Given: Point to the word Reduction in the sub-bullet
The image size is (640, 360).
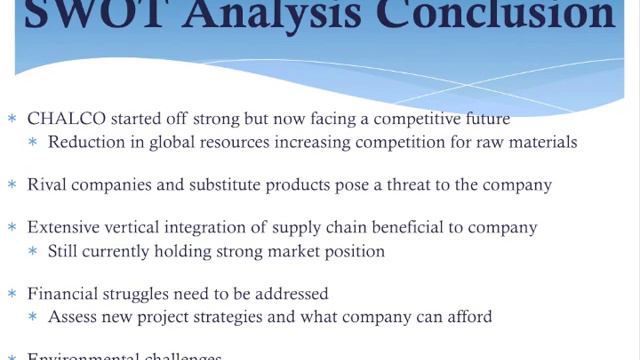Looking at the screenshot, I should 85,142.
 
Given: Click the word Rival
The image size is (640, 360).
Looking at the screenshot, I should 46,185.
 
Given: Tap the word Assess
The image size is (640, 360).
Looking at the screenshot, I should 72,317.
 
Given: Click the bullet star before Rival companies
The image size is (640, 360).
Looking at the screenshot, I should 12,186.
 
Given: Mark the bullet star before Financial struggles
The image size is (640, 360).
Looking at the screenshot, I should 12,295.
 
